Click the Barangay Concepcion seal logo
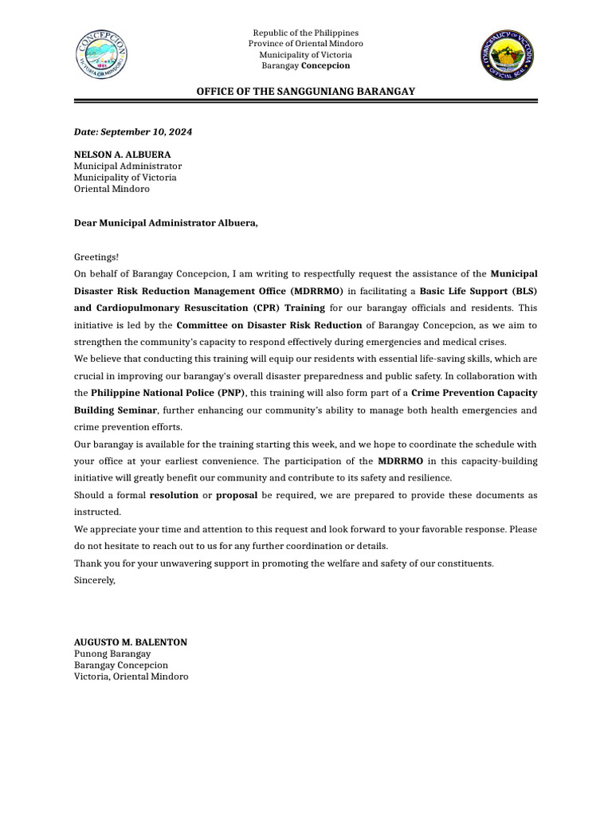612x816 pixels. click(102, 55)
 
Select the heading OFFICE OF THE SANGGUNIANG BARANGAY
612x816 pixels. click(305, 92)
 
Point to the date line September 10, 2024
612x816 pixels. click(133, 131)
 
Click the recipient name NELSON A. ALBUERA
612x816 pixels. click(122, 155)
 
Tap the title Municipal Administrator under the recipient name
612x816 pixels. click(127, 166)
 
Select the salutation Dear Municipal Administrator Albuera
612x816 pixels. click(166, 223)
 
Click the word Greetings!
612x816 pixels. click(96, 257)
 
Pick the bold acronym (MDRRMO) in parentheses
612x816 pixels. click(316, 291)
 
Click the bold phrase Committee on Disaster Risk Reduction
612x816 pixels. click(269, 325)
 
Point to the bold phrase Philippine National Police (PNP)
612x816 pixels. click(168, 393)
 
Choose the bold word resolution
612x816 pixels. click(174, 495)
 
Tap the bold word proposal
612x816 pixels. click(236, 495)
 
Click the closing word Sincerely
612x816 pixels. click(94, 580)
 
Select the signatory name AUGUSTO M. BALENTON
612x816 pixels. click(131, 641)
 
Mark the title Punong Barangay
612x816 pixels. click(112, 653)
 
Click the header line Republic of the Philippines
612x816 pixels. click(305, 33)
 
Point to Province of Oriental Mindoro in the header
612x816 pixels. click(305, 44)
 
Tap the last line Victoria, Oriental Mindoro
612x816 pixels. click(131, 676)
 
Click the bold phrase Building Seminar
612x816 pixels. click(116, 410)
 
